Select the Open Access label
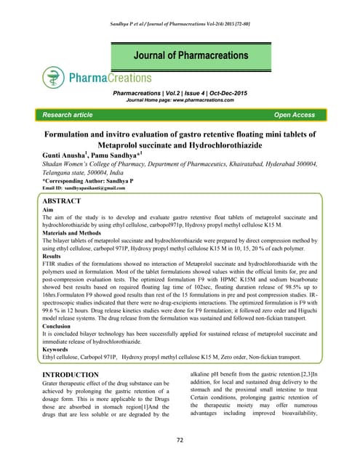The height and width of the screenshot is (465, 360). (x=294, y=115)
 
